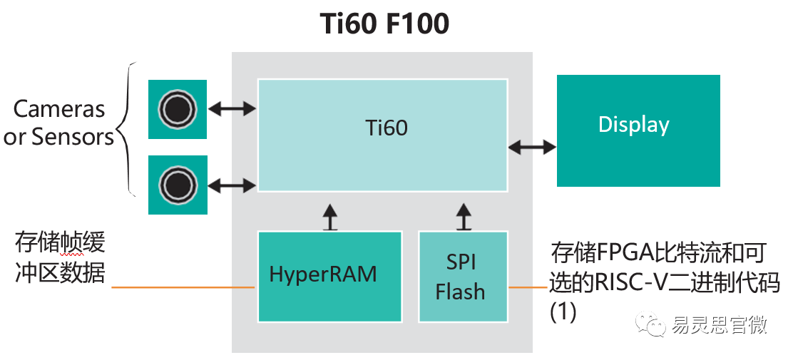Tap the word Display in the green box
coord(633,125)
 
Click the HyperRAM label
coord(322,274)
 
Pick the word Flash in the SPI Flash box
coord(460,292)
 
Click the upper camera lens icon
coord(177,109)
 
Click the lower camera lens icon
coord(177,185)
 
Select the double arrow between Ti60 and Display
coord(532,147)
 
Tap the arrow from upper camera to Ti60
coord(232,109)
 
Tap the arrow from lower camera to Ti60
coord(232,185)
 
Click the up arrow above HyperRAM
coord(329,216)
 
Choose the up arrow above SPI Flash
coord(464,216)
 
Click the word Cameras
coord(59,110)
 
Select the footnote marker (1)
coord(563,312)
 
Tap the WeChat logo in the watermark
coord(654,326)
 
